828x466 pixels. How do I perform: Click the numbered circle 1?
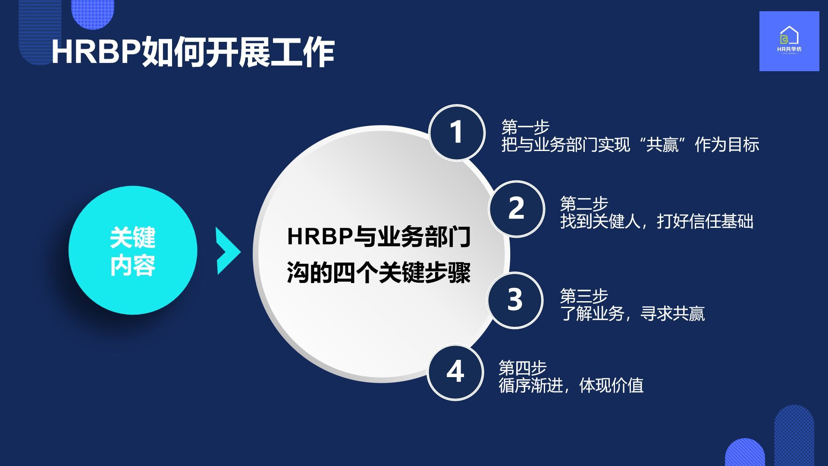point(457,132)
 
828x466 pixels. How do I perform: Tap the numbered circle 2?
point(516,209)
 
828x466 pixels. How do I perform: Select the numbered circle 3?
point(515,300)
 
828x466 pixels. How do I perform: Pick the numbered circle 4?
point(455,372)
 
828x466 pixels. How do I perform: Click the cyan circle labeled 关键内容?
point(133,250)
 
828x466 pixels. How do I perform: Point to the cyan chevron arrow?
point(228,251)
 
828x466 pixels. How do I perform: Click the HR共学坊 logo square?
point(789,41)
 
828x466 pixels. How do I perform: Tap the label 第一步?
point(525,127)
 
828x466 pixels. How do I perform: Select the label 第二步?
point(584,204)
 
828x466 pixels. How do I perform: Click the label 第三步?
point(584,296)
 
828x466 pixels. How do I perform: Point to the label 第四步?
point(523,368)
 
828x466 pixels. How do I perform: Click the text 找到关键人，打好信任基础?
point(657,221)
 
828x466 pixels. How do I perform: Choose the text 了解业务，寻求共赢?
point(633,314)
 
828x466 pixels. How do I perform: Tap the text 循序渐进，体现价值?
point(571,385)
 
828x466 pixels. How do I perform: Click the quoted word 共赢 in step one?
point(662,145)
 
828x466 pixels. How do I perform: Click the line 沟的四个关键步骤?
point(379,273)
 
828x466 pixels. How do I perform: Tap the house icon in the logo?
point(789,35)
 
